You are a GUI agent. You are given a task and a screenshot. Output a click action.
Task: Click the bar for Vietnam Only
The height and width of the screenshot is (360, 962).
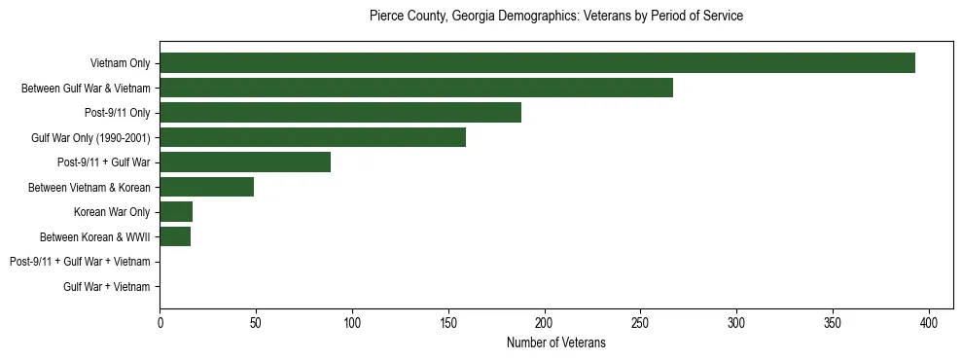tap(537, 63)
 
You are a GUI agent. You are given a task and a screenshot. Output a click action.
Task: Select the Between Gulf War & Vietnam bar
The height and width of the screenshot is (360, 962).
tap(416, 88)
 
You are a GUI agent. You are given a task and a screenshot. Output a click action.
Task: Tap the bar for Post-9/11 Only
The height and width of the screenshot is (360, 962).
tap(340, 113)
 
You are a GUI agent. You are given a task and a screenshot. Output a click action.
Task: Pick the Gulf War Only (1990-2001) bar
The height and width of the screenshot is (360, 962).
tap(312, 137)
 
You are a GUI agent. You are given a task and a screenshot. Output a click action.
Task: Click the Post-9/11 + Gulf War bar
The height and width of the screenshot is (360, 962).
tap(245, 162)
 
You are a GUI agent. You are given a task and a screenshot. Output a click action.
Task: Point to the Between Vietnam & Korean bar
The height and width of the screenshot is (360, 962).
tap(207, 187)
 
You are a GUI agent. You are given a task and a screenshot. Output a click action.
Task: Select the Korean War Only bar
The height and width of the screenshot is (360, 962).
tap(176, 212)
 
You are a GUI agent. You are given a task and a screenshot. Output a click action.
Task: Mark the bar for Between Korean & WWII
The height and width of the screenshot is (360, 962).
tap(175, 236)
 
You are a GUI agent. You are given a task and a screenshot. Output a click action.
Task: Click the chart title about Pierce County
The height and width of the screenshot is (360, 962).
tap(556, 17)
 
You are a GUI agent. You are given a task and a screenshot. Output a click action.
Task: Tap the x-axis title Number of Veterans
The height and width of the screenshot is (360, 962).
tap(556, 343)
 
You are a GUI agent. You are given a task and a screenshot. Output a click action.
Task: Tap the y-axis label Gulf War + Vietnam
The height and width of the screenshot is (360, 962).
tap(107, 287)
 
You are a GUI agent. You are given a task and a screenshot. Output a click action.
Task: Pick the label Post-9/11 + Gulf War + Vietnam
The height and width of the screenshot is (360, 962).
tap(80, 262)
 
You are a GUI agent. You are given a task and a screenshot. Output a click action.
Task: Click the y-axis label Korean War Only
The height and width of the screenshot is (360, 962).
tap(112, 212)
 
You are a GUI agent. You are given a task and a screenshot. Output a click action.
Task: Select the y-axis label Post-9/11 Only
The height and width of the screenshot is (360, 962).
tap(118, 113)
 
